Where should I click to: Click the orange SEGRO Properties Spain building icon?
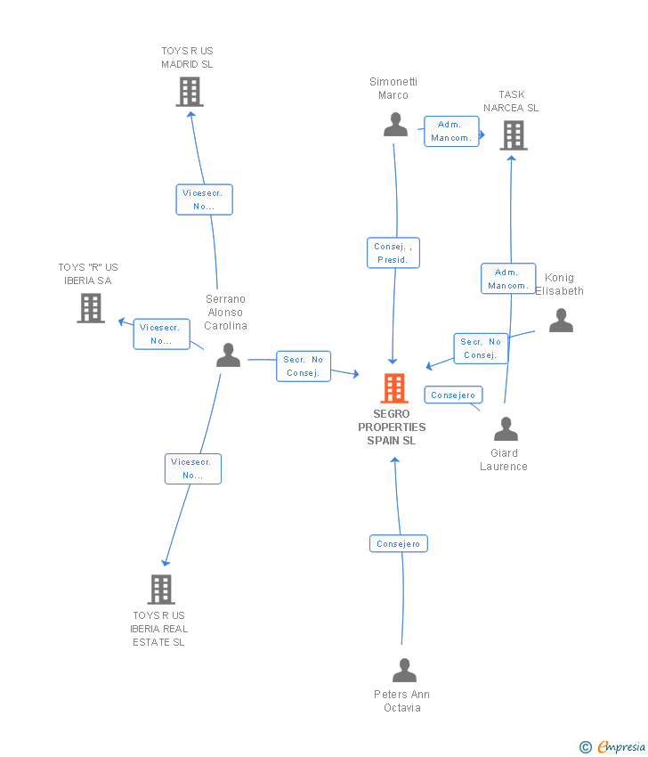pos(394,388)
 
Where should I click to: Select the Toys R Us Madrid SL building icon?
pos(189,92)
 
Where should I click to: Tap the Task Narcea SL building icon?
pos(513,135)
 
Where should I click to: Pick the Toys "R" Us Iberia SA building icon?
pos(91,308)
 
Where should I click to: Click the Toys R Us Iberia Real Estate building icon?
pos(161,589)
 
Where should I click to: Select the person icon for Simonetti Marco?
pos(395,125)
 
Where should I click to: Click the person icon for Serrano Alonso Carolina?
pos(228,354)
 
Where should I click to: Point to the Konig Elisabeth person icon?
pos(561,320)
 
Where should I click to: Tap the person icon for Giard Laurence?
pos(506,429)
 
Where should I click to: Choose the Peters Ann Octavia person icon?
pos(404,670)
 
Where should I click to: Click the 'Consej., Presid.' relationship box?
pos(393,253)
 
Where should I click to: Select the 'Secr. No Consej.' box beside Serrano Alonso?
pos(304,366)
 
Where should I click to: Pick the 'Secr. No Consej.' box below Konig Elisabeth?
pos(481,348)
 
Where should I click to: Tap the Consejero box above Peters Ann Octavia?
pos(399,543)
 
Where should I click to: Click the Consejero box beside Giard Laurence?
pos(454,395)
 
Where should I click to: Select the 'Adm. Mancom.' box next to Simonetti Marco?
pos(450,131)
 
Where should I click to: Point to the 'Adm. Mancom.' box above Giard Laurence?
pos(507,279)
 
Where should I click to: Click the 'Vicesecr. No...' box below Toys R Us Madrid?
pos(204,199)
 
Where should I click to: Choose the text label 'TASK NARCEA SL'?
pos(511,102)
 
